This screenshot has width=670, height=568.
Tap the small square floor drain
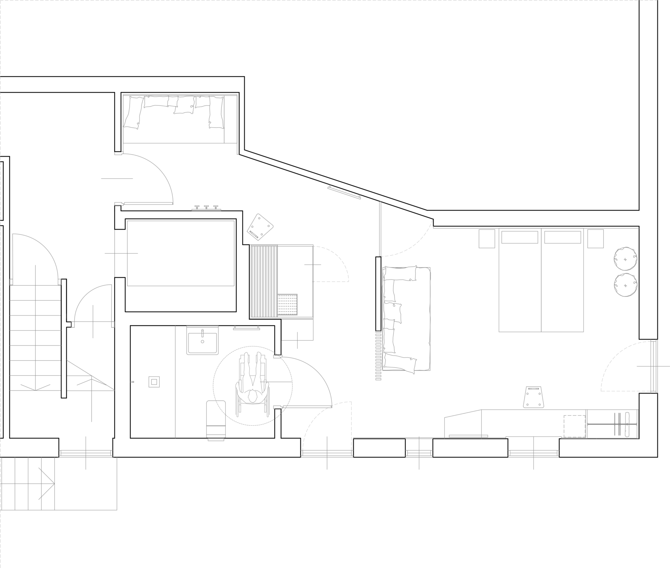click(x=154, y=382)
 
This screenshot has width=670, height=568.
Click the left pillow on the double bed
click(x=520, y=237)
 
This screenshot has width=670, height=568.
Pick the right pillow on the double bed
click(x=563, y=237)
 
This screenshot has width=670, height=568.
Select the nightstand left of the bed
click(x=487, y=238)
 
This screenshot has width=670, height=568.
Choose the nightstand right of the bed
click(x=596, y=238)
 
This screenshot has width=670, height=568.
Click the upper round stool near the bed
click(x=625, y=259)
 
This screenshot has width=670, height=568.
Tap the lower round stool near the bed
click(x=625, y=285)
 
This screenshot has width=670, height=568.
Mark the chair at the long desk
click(x=534, y=397)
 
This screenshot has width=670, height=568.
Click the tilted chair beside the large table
click(x=260, y=227)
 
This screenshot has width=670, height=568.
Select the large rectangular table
click(x=180, y=253)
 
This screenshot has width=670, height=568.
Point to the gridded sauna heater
click(x=288, y=304)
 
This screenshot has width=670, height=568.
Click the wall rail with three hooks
click(x=206, y=208)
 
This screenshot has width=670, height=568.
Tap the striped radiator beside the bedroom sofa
click(x=378, y=355)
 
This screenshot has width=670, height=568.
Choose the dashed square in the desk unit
click(x=574, y=426)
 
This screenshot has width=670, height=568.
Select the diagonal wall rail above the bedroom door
click(x=344, y=192)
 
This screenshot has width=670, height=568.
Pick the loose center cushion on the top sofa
click(x=184, y=105)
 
